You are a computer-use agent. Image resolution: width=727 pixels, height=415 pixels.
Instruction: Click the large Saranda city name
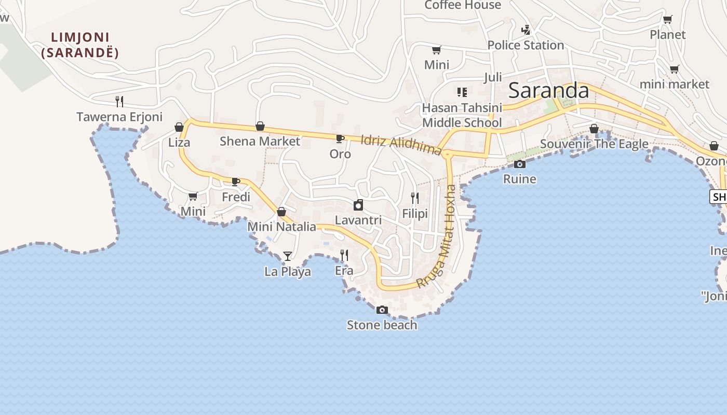point(549,91)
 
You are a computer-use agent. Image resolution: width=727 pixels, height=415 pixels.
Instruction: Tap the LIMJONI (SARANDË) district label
point(80,45)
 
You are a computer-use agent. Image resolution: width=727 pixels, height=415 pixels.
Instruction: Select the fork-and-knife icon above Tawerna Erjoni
point(119,101)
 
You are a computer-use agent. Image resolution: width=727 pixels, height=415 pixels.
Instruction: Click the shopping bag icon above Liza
point(179,127)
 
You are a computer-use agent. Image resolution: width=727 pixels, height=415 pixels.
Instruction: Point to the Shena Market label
point(260,141)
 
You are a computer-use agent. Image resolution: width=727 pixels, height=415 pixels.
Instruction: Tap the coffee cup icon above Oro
point(340,139)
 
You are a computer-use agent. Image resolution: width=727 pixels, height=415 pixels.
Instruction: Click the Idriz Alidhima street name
point(401,145)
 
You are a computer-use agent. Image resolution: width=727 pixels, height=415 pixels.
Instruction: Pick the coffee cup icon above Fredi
point(235,182)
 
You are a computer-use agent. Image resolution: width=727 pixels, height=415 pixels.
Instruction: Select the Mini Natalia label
point(281,227)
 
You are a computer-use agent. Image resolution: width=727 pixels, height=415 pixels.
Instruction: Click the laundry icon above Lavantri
point(358,205)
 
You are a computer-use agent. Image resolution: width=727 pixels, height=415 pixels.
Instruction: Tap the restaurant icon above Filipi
point(414,198)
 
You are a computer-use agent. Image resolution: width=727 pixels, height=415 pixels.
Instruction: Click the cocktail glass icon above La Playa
point(288,256)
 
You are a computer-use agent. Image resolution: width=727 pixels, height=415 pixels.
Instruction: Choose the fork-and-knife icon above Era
point(344,255)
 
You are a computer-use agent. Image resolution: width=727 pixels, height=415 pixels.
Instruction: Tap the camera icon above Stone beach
point(382,310)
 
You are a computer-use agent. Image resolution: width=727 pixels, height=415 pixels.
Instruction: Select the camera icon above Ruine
point(519,164)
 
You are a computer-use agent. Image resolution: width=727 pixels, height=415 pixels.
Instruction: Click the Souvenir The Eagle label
point(594,144)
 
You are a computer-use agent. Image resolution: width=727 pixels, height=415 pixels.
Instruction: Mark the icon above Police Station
point(526,30)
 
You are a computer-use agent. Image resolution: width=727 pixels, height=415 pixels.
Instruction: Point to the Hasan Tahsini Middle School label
point(462,115)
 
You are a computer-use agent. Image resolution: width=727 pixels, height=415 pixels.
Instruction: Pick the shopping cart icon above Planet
point(668,20)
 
